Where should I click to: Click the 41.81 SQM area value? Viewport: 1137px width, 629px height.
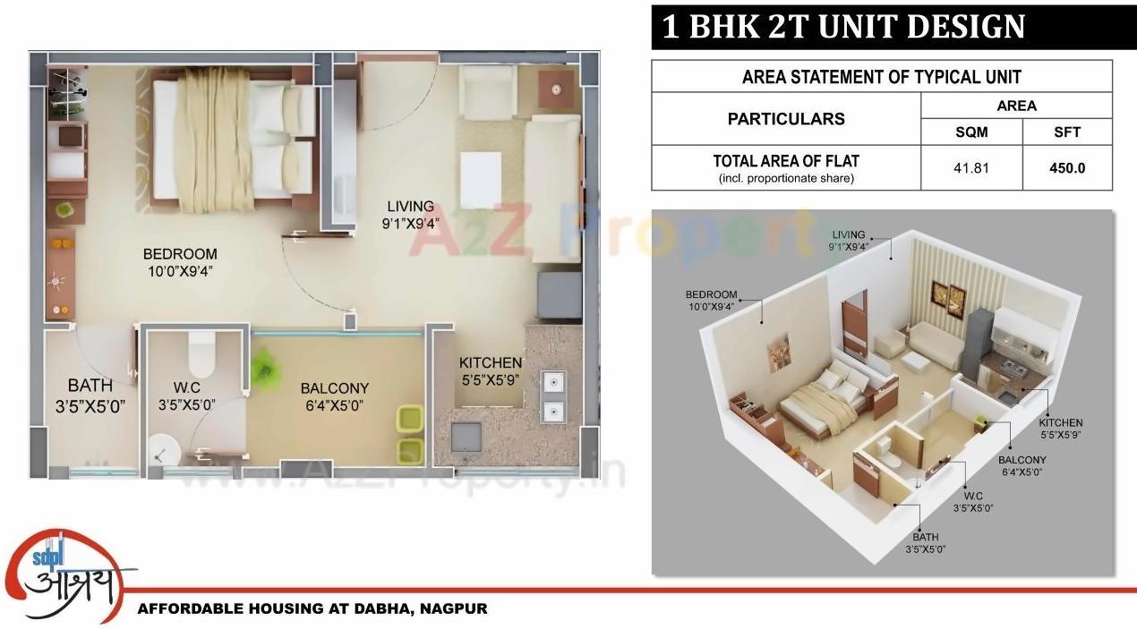[971, 167]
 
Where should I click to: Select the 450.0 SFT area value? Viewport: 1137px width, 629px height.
[1067, 167]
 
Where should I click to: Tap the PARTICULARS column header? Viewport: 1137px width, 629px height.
[785, 118]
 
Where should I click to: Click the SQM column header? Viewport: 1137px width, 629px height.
[971, 132]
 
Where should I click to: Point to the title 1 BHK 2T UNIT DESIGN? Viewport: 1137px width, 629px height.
[842, 27]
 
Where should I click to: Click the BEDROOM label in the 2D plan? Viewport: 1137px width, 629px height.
[180, 254]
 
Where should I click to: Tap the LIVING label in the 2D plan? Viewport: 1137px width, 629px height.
[410, 206]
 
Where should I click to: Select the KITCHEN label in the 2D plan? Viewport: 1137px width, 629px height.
[490, 362]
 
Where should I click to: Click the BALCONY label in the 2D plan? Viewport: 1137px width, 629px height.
[334, 388]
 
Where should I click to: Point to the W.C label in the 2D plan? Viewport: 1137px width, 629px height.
[186, 387]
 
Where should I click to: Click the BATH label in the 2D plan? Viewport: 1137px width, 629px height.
[90, 386]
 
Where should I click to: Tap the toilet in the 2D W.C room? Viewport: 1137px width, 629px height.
[201, 353]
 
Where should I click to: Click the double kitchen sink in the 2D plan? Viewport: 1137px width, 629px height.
[552, 396]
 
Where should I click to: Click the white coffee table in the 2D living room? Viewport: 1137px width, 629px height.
[481, 179]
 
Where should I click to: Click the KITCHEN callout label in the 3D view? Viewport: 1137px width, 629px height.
[1060, 422]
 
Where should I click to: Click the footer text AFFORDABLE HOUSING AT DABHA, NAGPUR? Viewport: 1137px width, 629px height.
[312, 608]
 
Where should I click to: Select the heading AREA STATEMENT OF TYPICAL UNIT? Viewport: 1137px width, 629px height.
[881, 77]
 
